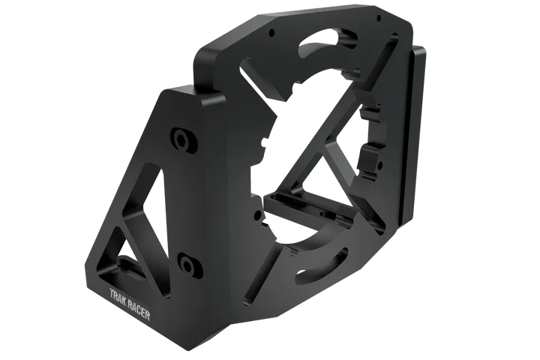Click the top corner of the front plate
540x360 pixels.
[x=177, y=88]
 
